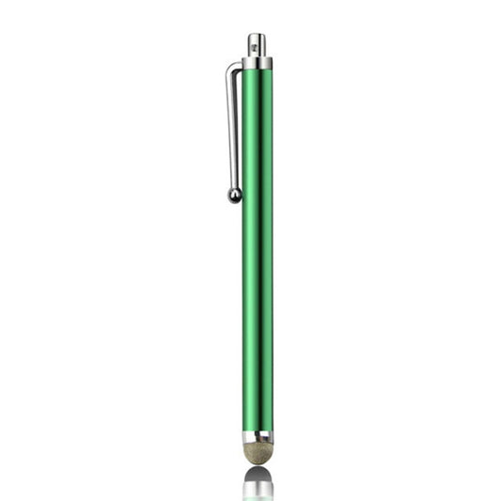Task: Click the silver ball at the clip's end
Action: [x=234, y=195]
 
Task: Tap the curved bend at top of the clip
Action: [x=233, y=67]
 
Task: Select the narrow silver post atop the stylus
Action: [x=256, y=45]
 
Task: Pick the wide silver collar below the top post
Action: [x=257, y=63]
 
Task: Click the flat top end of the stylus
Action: [x=256, y=35]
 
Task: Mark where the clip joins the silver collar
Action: [x=242, y=63]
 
